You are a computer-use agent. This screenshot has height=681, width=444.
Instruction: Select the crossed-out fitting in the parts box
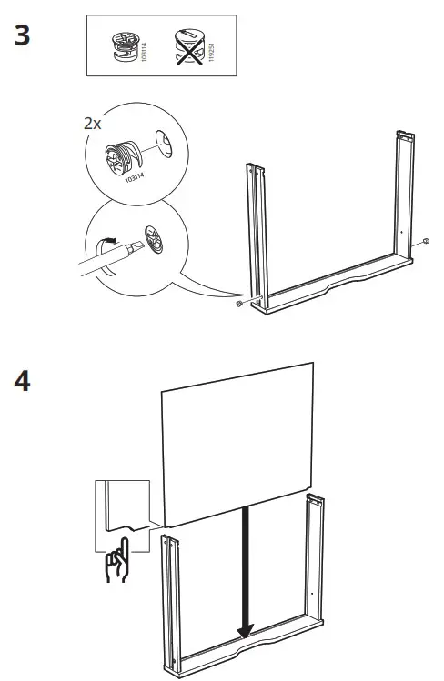tap(188, 45)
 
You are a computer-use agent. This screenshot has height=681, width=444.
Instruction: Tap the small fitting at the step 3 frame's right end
tap(425, 243)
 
